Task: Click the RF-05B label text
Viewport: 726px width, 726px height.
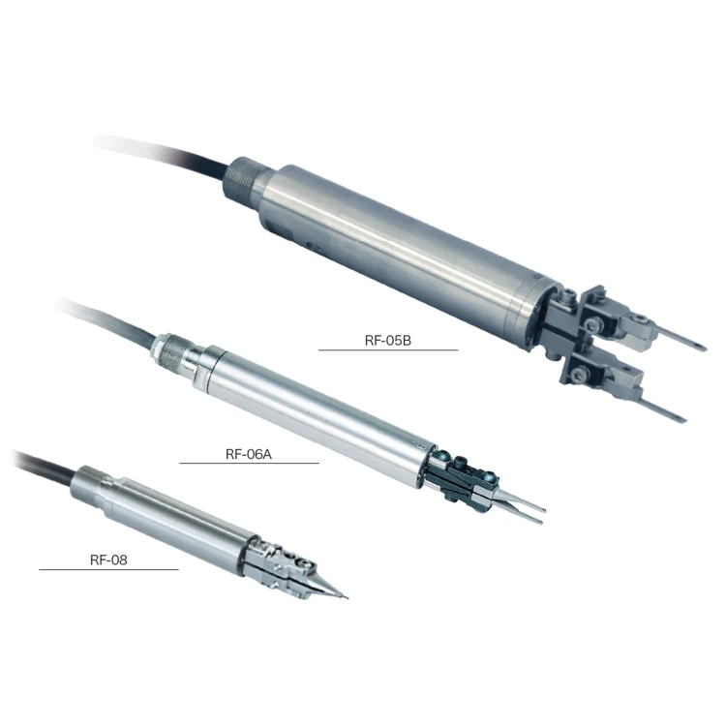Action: pos(388,341)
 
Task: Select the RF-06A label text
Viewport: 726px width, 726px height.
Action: pos(249,454)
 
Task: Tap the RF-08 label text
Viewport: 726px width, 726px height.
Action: pos(108,560)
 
